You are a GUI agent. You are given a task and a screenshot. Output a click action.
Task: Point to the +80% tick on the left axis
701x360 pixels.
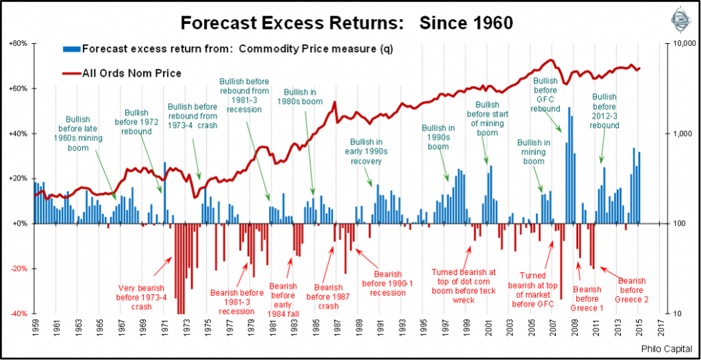(17, 43)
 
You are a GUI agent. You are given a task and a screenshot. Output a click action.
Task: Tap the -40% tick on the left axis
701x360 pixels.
(18, 314)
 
